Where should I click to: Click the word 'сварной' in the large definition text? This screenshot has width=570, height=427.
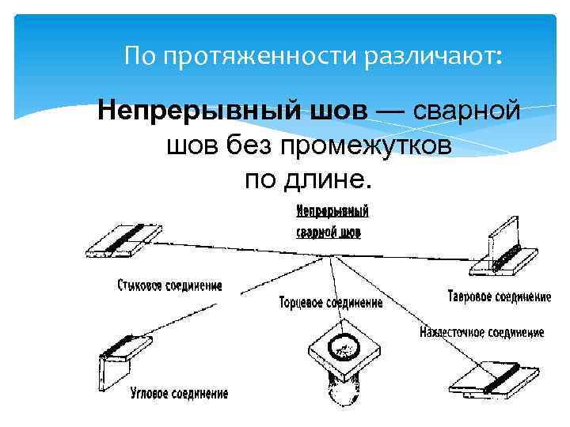pyautogui.click(x=466, y=111)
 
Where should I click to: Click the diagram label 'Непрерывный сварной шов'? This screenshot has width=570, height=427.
pyautogui.click(x=332, y=221)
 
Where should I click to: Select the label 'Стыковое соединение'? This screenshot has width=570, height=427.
pyautogui.click(x=169, y=285)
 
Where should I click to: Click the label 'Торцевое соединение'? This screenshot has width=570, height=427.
pyautogui.click(x=330, y=302)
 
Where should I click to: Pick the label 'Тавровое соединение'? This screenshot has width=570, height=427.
pyautogui.click(x=500, y=297)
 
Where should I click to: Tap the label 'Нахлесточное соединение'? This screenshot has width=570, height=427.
pyautogui.click(x=481, y=333)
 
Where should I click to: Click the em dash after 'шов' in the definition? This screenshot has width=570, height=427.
pyautogui.click(x=388, y=111)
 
